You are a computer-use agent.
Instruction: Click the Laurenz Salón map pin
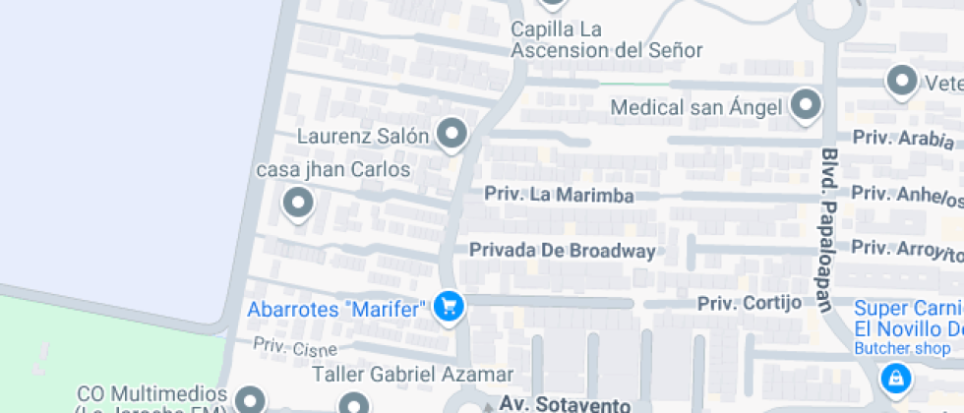click(x=452, y=134)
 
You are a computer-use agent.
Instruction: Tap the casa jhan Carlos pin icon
click(x=297, y=204)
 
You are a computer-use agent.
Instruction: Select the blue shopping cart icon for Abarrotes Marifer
click(x=450, y=307)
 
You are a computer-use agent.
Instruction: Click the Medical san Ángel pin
click(x=806, y=104)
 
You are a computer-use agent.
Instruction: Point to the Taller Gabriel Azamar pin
click(x=354, y=403)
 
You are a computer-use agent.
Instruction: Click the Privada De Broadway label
click(x=562, y=251)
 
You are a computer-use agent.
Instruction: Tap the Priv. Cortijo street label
click(x=750, y=302)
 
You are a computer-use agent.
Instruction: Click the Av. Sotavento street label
click(x=564, y=404)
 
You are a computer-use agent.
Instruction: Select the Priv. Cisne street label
click(x=295, y=347)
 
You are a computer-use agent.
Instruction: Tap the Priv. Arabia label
click(x=903, y=139)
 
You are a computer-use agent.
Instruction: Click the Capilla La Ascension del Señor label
click(x=606, y=40)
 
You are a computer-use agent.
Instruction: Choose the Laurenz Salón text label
click(x=363, y=135)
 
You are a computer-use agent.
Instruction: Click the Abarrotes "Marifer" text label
click(x=337, y=309)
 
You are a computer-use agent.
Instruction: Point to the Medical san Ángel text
click(x=696, y=106)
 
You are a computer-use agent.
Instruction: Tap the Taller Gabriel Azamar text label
click(x=412, y=375)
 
